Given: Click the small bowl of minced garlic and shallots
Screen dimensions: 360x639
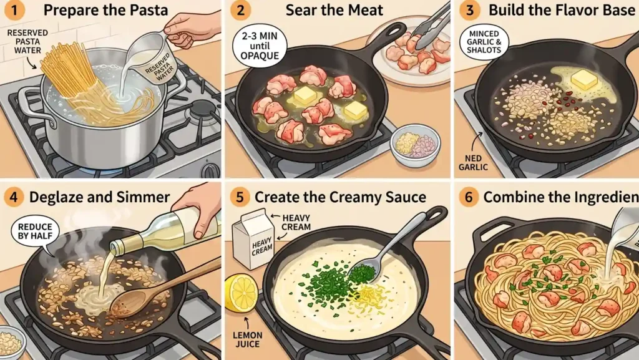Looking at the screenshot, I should click(x=415, y=145).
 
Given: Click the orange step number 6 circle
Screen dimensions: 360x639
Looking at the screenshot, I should click(x=469, y=198).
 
